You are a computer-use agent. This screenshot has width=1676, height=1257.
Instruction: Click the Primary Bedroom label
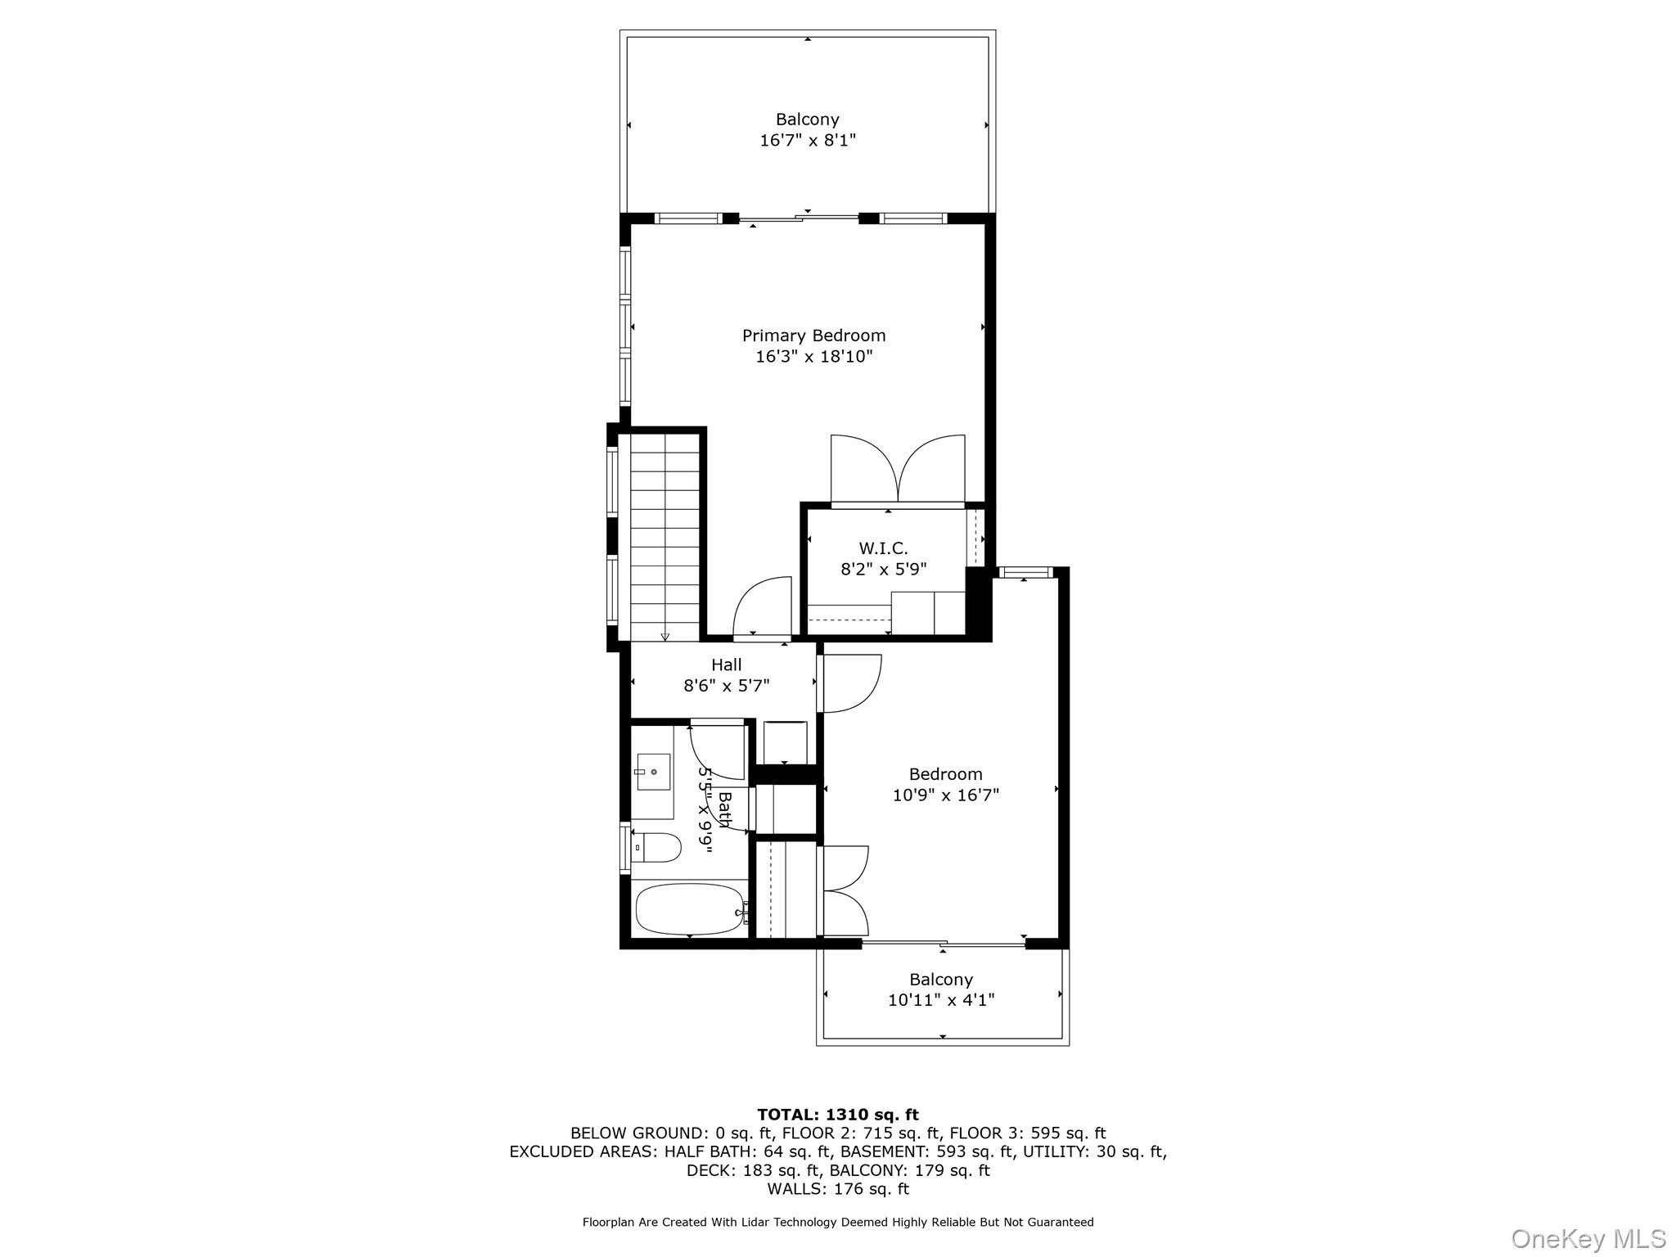(813, 336)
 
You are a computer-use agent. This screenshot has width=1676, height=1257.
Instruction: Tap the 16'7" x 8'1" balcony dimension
(807, 140)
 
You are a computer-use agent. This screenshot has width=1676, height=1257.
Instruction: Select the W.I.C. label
(883, 548)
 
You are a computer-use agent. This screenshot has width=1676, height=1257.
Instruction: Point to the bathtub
(689, 909)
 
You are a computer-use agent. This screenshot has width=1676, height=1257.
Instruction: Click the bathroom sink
(652, 772)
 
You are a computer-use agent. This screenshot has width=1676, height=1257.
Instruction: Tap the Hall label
(726, 665)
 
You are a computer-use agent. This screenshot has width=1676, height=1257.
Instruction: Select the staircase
(665, 536)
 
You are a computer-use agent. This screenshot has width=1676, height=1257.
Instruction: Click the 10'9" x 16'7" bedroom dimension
(945, 795)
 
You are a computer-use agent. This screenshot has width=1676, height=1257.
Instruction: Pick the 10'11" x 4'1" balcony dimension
(941, 1000)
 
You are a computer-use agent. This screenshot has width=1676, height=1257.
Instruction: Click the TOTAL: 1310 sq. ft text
(837, 1115)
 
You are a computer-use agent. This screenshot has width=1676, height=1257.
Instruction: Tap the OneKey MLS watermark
(1588, 1238)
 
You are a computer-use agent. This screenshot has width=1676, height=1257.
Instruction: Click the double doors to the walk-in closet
(898, 471)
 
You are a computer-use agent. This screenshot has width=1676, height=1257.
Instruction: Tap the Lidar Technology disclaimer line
(837, 1223)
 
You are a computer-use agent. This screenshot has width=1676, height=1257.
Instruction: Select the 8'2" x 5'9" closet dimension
(883, 570)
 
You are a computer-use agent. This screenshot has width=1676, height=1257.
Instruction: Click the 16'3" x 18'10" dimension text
(813, 357)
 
